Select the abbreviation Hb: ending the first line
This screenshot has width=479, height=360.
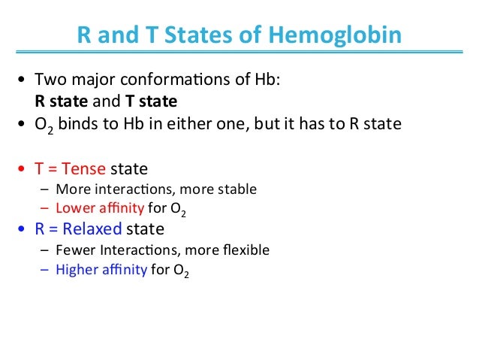tap(264, 81)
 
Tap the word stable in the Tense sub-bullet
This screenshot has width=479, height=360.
tap(237, 189)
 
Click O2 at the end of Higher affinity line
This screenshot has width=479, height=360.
tap(181, 270)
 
